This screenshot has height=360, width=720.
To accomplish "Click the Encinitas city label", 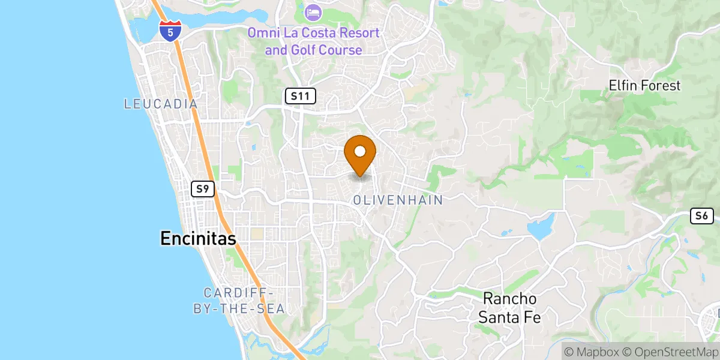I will point(198,238).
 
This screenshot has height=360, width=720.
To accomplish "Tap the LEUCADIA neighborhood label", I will point(161,104).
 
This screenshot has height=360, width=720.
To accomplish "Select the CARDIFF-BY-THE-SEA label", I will point(244,301).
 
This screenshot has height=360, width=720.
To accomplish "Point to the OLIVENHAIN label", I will point(398,200).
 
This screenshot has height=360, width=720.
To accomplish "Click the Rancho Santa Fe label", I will point(509,307).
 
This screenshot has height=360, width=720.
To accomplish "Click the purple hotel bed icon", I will point(313,11).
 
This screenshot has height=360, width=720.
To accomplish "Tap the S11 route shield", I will point(300,96).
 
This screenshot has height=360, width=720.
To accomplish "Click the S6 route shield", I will point(702,216).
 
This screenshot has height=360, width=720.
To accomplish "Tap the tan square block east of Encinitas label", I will point(257,233).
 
